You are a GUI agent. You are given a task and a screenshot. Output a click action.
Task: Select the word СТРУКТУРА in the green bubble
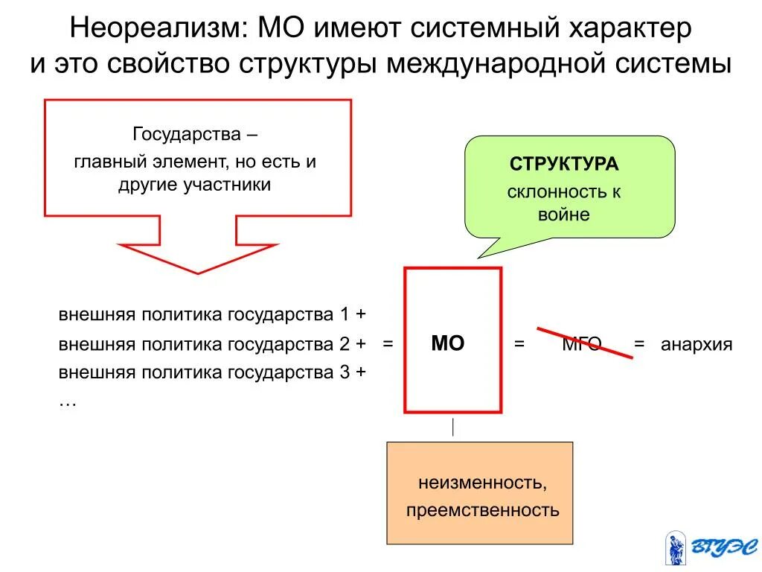point(564,164)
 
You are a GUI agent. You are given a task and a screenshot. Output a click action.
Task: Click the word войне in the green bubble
point(563,215)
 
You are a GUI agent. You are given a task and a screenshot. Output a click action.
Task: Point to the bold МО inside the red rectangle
point(448,343)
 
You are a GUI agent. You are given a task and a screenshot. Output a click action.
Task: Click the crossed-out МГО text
point(581,344)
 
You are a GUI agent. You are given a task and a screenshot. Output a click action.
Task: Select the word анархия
point(697,345)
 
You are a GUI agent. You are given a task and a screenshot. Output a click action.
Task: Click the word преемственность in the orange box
point(481,511)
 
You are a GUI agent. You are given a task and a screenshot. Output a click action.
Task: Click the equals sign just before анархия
point(638,344)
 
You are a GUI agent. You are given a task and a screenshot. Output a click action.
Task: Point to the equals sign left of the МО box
point(388,344)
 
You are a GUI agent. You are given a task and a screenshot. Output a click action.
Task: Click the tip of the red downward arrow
point(198,272)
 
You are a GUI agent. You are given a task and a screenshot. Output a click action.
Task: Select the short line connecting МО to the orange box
point(452,427)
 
